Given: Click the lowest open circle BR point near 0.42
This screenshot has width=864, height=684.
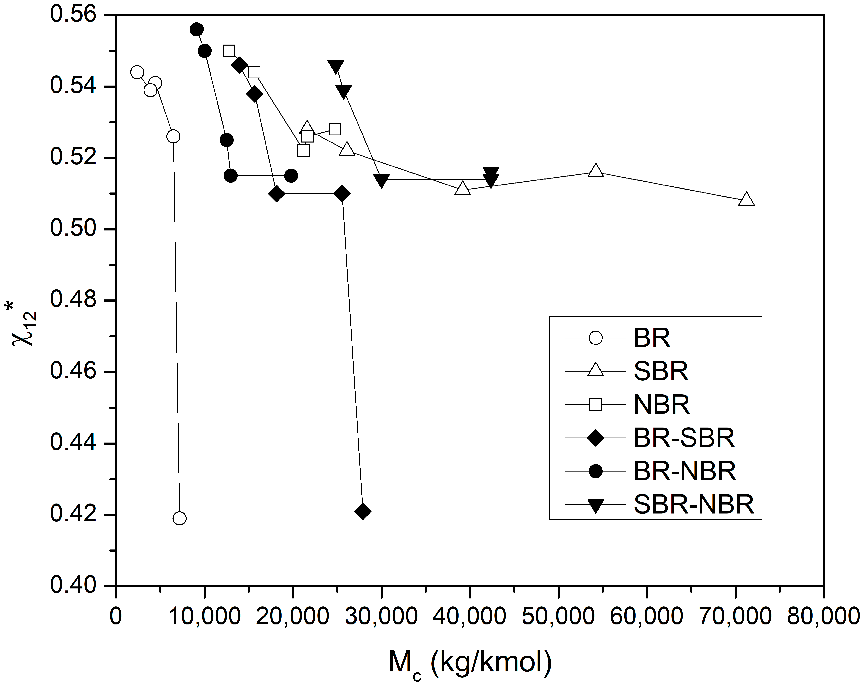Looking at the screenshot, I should [180, 519].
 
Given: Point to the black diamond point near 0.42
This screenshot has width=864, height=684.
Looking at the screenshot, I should [363, 511].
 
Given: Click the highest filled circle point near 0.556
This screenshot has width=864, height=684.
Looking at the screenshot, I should [197, 30].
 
